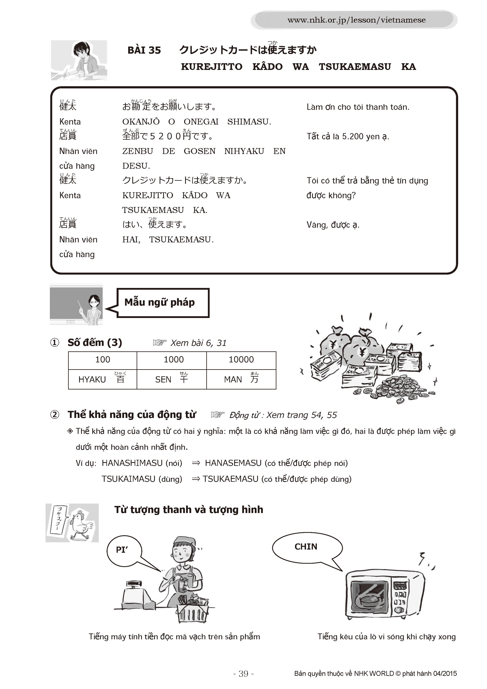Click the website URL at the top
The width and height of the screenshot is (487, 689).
coord(356,20)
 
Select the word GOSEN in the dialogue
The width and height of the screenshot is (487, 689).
coord(199,151)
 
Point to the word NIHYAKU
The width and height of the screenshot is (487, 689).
coord(244,151)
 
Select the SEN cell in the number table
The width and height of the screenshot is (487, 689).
coord(172,379)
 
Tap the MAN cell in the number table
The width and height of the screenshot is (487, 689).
coord(241,379)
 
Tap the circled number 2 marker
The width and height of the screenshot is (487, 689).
coord(55,415)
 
